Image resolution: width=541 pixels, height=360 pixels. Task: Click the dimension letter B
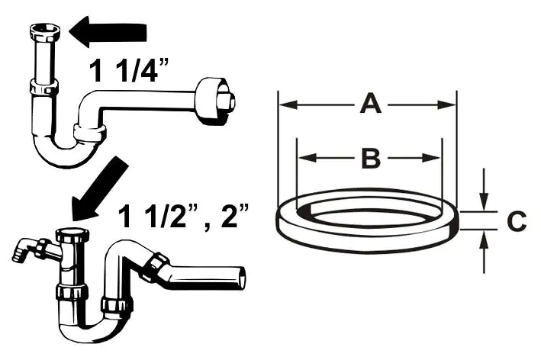click(x=369, y=159)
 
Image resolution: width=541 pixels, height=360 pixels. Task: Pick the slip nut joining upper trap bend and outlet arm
click(x=90, y=136)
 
